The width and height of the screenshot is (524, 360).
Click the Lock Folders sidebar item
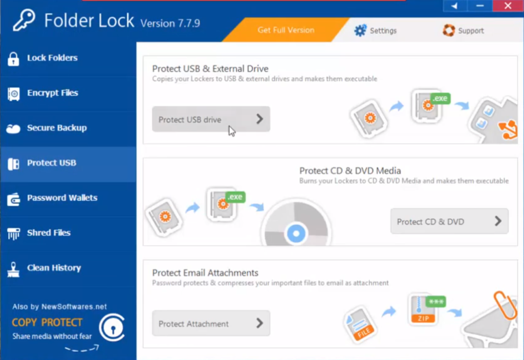pos(52,58)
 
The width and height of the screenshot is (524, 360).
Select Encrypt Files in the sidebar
pos(52,93)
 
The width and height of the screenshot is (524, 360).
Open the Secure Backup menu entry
pos(56,128)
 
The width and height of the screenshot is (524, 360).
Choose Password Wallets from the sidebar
pos(61,198)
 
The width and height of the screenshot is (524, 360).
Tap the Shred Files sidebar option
pos(49,233)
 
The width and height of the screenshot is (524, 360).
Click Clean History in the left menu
pos(54,268)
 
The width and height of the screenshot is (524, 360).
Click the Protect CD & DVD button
pos(449,221)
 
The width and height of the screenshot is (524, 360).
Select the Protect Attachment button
pos(211,323)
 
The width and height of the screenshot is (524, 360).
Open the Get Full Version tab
pos(286,30)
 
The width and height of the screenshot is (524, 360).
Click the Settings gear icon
pos(361,31)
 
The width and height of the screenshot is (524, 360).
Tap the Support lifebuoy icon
pos(449,31)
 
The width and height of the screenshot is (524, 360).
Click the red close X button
pos(508,6)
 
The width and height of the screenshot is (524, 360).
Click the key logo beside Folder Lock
pos(24,20)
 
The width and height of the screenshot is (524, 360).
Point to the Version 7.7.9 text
pos(170,23)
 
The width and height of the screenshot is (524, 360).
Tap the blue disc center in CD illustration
pos(295,234)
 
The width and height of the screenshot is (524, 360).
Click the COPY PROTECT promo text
pos(47,323)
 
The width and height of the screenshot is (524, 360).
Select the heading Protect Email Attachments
pos(205,273)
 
